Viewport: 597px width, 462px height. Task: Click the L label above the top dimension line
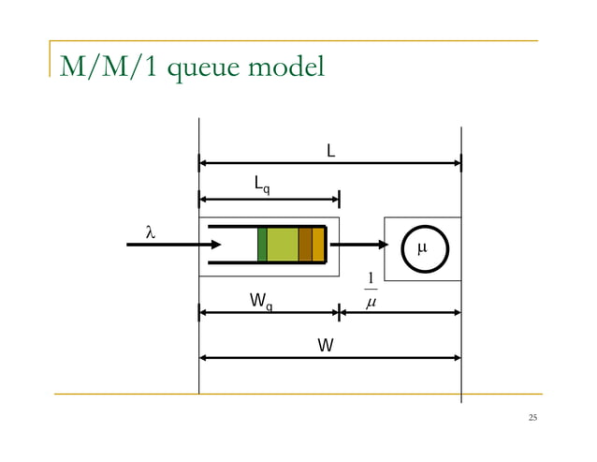pyautogui.click(x=330, y=150)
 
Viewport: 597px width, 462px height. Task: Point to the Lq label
pyautogui.click(x=263, y=186)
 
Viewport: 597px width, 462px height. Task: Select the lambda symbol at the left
pyautogui.click(x=149, y=231)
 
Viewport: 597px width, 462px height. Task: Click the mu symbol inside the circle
pyautogui.click(x=421, y=248)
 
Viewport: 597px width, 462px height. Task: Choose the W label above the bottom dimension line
pyautogui.click(x=324, y=345)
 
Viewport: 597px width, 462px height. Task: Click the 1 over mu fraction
pyautogui.click(x=371, y=291)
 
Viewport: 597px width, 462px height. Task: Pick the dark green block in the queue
pyautogui.click(x=262, y=245)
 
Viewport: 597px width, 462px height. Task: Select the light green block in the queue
pyautogui.click(x=283, y=245)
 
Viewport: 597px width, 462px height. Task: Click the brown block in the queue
pyautogui.click(x=305, y=245)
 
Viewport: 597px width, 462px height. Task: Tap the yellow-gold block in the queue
pyautogui.click(x=318, y=245)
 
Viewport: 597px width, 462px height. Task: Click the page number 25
pyautogui.click(x=532, y=417)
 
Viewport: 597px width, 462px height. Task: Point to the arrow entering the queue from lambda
pyautogui.click(x=173, y=246)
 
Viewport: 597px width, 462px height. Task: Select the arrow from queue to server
pyautogui.click(x=364, y=246)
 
